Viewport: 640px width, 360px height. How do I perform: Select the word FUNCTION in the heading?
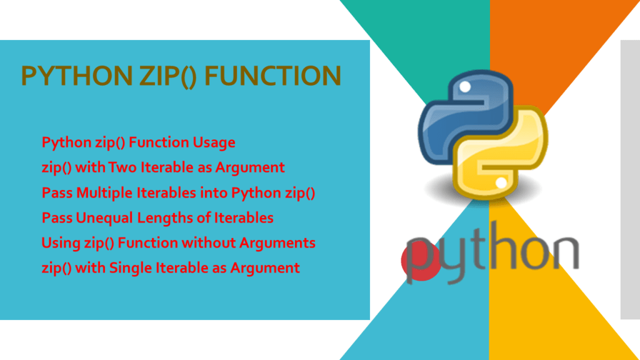[x=273, y=76]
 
